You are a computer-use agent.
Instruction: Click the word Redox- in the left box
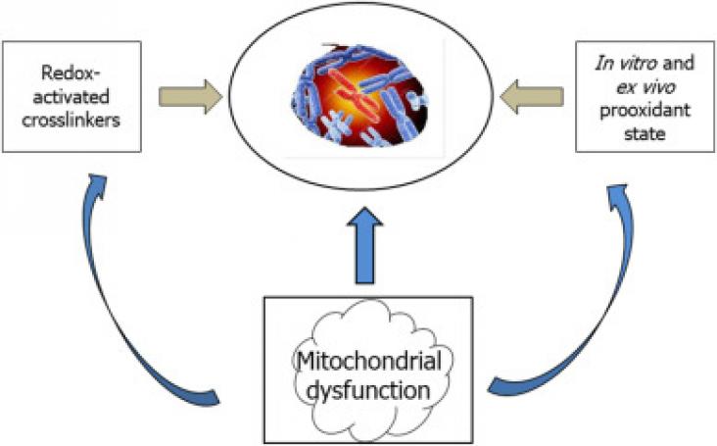tap(72, 74)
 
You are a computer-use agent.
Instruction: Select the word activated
tap(71, 96)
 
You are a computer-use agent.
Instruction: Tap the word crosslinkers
tap(71, 120)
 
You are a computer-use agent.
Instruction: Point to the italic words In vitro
tap(625, 63)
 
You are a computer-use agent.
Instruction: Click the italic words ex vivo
tap(645, 87)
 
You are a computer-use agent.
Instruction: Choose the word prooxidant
tap(645, 111)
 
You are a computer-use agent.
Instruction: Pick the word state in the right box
tap(645, 134)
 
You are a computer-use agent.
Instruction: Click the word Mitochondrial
tap(369, 361)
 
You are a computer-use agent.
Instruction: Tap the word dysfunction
tap(368, 390)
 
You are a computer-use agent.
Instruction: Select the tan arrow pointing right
tap(191, 96)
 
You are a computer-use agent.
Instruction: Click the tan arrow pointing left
tap(531, 96)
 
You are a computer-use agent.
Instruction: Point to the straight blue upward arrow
tap(364, 245)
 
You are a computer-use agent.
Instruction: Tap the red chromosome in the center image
tap(355, 88)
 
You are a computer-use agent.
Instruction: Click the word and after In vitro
tap(678, 63)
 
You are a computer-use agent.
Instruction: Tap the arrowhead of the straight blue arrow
tap(364, 217)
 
